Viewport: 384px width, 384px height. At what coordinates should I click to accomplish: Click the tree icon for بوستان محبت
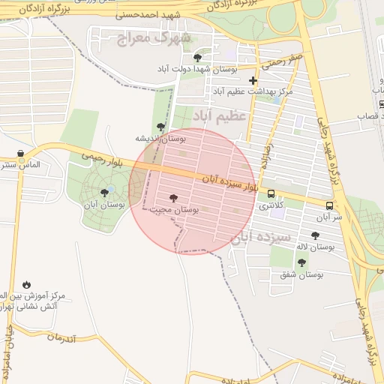click(x=174, y=198)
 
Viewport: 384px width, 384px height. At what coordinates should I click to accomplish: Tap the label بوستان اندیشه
click(x=160, y=138)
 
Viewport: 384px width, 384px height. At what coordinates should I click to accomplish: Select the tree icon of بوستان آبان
click(x=104, y=193)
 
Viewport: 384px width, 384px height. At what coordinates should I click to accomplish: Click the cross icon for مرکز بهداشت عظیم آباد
click(x=253, y=80)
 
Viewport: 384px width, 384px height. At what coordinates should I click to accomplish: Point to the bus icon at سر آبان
click(x=329, y=205)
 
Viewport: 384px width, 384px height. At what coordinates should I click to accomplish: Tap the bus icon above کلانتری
click(x=271, y=193)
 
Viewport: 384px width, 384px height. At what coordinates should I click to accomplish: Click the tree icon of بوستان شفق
click(x=301, y=262)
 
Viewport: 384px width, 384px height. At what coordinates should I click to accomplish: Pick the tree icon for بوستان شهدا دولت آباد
click(x=197, y=58)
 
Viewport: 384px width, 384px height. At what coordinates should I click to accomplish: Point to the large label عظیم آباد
click(x=220, y=116)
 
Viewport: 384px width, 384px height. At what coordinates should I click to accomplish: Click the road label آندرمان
click(x=61, y=337)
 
